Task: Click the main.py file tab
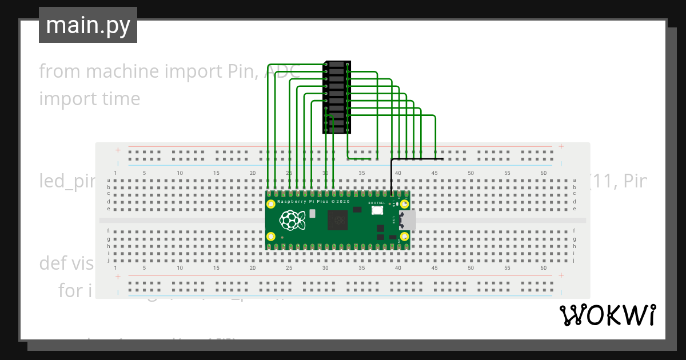click(88, 26)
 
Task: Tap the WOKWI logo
click(607, 315)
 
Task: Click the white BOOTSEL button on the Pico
click(377, 210)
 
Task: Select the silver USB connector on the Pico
click(408, 220)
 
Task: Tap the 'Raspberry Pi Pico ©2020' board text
click(313, 202)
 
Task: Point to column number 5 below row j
click(144, 267)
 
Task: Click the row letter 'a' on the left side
click(109, 180)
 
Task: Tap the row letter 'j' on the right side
click(575, 260)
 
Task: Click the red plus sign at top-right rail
click(561, 146)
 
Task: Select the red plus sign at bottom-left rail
click(118, 277)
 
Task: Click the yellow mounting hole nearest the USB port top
click(404, 204)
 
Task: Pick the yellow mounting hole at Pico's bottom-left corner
click(272, 236)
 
